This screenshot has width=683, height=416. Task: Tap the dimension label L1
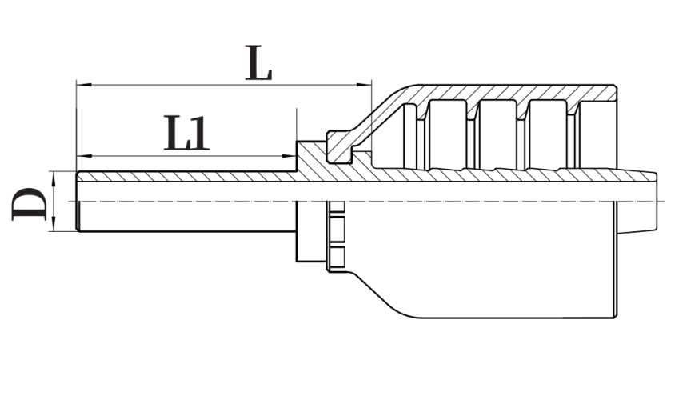tap(186, 133)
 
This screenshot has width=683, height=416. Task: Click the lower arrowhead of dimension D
tap(53, 226)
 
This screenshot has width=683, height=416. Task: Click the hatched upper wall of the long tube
tap(184, 177)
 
